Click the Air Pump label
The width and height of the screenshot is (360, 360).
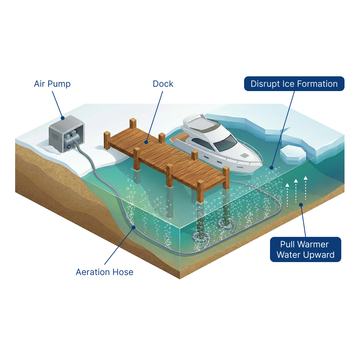pyautogui.click(x=52, y=84)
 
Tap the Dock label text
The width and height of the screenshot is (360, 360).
pyautogui.click(x=163, y=84)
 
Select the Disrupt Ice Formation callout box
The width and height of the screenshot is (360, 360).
pyautogui.click(x=294, y=84)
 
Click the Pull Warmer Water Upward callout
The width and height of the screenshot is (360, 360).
pyautogui.click(x=305, y=249)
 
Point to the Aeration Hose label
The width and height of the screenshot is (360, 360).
pyautogui.click(x=104, y=272)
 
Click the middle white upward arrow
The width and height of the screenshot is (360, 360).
pyautogui.click(x=296, y=191)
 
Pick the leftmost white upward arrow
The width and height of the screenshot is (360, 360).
pyautogui.click(x=287, y=194)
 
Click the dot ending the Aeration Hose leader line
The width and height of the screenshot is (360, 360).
pyautogui.click(x=134, y=228)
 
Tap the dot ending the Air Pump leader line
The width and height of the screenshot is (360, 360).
pyautogui.click(x=62, y=118)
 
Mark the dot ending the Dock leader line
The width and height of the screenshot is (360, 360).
pyautogui.click(x=147, y=143)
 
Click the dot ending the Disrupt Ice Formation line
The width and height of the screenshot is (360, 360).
pyautogui.click(x=271, y=168)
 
